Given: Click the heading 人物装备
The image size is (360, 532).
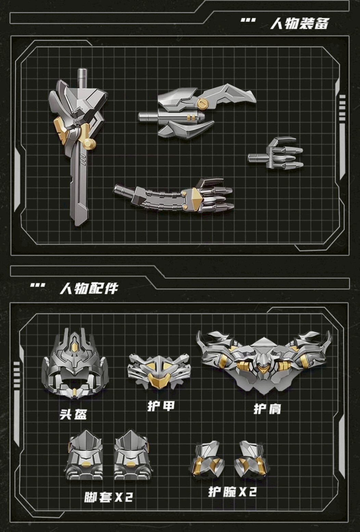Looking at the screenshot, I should coord(299,24).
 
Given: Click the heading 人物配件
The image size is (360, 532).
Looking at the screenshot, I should coord(89,288).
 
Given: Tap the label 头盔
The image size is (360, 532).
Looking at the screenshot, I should coord(73,414).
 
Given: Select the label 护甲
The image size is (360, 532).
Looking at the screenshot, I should coord(161,406).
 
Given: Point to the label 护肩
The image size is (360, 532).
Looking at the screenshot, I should coord(267,408).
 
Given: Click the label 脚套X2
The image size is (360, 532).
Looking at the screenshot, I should coord(108,497).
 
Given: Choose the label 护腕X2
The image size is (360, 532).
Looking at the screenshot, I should coord(232,492).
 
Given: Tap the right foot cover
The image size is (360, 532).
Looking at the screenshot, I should coord(131,455).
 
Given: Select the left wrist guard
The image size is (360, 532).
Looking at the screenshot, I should coord(208,460).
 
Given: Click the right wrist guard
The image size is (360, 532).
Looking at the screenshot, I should coord(251,460).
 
